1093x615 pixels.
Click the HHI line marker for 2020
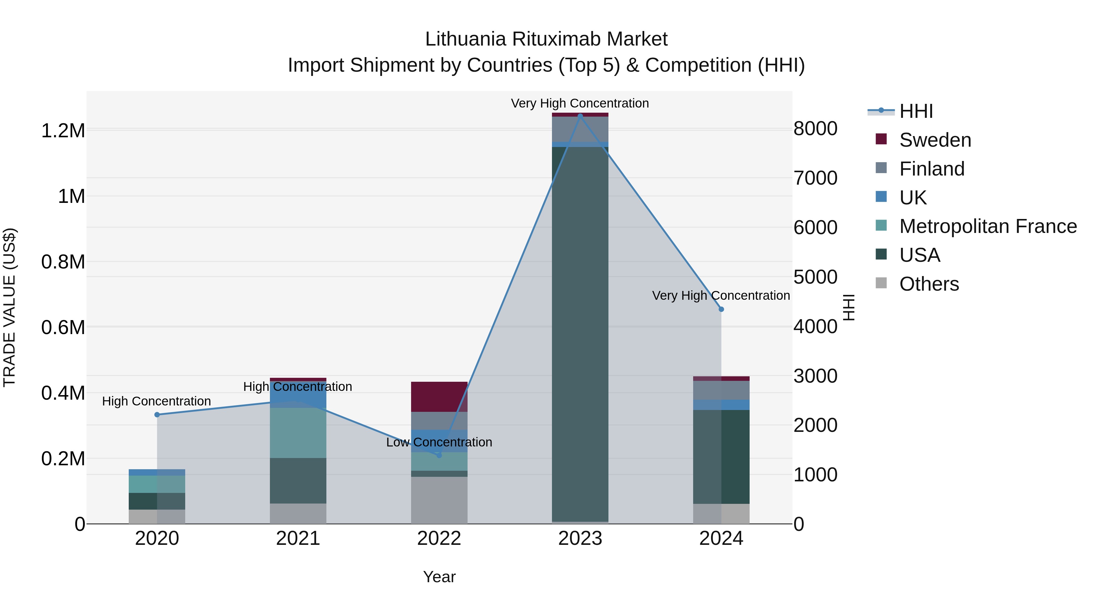click(x=157, y=415)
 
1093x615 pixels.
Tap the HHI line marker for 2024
click(x=721, y=309)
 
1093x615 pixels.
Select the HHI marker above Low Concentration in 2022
click(x=439, y=456)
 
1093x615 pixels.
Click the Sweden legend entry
click(x=935, y=140)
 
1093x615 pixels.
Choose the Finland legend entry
click(x=931, y=169)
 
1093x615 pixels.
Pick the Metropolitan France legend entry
click(x=987, y=227)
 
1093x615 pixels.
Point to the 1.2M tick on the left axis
click(x=63, y=131)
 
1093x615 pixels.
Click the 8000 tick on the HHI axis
click(x=815, y=128)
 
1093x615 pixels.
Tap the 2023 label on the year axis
click(x=580, y=538)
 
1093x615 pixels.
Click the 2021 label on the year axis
click(x=298, y=538)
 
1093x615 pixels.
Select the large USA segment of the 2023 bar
click(x=580, y=335)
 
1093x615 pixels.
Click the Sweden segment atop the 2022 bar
click(x=439, y=396)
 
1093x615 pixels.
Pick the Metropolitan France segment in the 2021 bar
click(x=298, y=433)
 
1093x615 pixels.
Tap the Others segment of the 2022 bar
click(x=439, y=500)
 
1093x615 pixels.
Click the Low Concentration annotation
click(x=439, y=442)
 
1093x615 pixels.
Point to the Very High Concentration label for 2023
click(x=580, y=103)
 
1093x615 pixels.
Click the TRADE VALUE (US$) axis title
click(x=9, y=307)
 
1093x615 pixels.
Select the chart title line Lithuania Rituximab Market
click(x=546, y=39)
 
